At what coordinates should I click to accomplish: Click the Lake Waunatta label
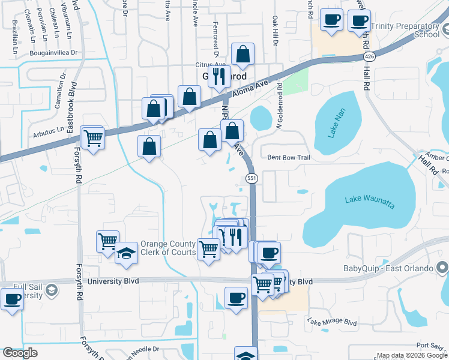pyautogui.click(x=370, y=202)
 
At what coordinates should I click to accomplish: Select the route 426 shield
pyautogui.click(x=369, y=56)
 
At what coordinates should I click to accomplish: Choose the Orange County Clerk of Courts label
pyautogui.click(x=168, y=248)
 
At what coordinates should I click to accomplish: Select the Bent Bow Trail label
pyautogui.click(x=288, y=158)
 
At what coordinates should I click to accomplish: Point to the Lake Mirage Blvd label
pyautogui.click(x=332, y=322)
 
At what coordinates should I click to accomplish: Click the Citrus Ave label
pyautogui.click(x=209, y=64)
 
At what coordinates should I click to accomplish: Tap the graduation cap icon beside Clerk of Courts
pyautogui.click(x=126, y=253)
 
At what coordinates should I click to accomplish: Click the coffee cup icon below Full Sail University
pyautogui.click(x=11, y=298)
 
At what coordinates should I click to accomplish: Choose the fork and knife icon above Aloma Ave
pyautogui.click(x=219, y=76)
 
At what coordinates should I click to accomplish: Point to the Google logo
pyautogui.click(x=20, y=353)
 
